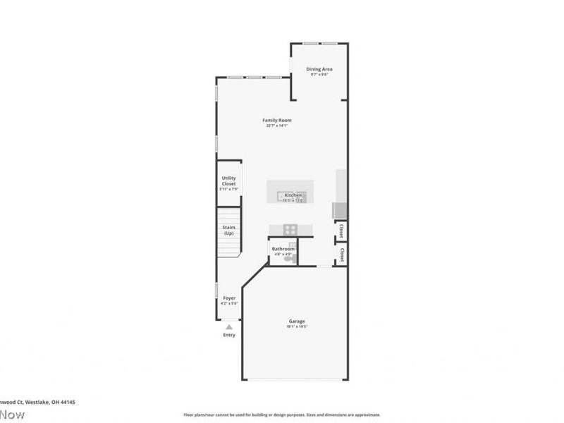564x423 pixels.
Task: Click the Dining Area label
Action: click(x=319, y=68)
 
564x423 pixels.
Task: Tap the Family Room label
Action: click(x=278, y=120)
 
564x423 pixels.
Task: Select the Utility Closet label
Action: click(x=228, y=180)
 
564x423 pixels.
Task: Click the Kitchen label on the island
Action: click(x=293, y=195)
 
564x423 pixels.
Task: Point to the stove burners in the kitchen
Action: click(x=289, y=228)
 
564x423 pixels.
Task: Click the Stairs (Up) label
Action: click(x=228, y=230)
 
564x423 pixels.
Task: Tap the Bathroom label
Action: click(x=283, y=248)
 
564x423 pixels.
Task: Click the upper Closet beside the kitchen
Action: click(x=341, y=230)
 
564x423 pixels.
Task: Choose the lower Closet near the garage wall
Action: click(x=341, y=254)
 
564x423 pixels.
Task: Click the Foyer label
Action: click(x=229, y=298)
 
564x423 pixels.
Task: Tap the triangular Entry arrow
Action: click(x=228, y=327)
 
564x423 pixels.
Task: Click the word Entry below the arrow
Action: click(x=228, y=335)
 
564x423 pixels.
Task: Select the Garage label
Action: click(x=296, y=321)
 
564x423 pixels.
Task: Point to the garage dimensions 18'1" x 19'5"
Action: click(x=296, y=326)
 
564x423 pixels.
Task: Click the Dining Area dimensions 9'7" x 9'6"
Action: click(x=319, y=74)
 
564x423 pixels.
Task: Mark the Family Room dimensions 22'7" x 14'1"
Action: click(x=278, y=125)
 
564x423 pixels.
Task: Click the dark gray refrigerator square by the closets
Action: click(x=339, y=210)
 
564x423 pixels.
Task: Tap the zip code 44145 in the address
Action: click(x=68, y=402)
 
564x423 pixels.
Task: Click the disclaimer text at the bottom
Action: click(x=282, y=415)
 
